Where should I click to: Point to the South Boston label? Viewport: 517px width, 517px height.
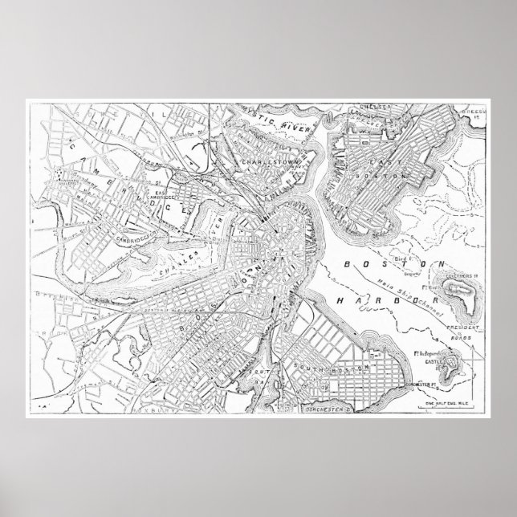pyautogui.click(x=345, y=367)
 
